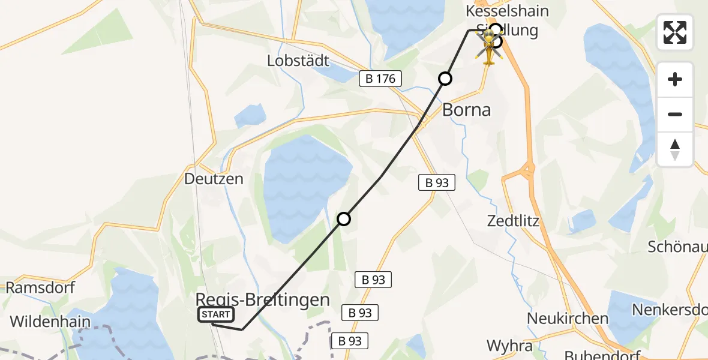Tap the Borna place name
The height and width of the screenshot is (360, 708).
(x=466, y=110)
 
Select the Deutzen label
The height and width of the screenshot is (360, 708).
(x=214, y=179)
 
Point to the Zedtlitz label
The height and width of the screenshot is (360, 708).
(x=513, y=221)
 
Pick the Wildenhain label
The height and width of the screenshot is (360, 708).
(x=50, y=322)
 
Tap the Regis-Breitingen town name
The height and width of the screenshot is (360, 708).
(x=263, y=300)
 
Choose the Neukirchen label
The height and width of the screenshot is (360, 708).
(x=568, y=317)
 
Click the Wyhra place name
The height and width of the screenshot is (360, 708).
(x=509, y=346)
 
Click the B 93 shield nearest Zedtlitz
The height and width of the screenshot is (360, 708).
(x=437, y=182)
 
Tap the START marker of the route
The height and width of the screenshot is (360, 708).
(x=216, y=314)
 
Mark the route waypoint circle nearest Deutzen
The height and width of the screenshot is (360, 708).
(x=343, y=219)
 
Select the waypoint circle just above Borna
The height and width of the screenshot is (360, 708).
(x=445, y=78)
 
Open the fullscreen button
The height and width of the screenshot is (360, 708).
(x=675, y=32)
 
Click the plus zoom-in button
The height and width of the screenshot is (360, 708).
(x=675, y=79)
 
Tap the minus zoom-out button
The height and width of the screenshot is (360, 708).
(x=675, y=114)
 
